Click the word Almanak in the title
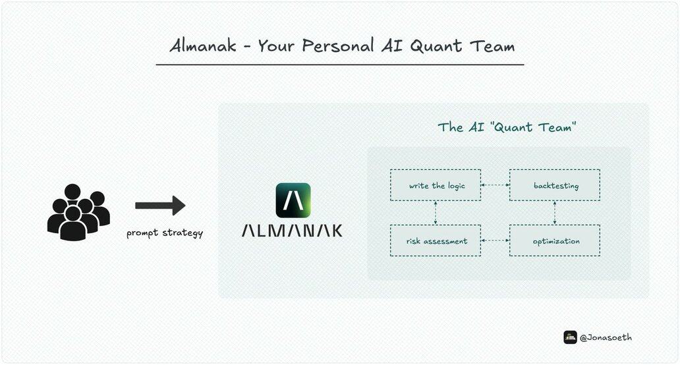[203, 45]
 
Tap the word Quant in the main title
[436, 46]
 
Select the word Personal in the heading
[338, 45]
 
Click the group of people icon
[78, 212]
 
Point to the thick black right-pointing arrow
[160, 205]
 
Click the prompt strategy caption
[165, 233]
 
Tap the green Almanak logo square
[293, 200]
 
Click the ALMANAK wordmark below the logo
[292, 230]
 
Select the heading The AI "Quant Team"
[507, 127]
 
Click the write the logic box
[436, 185]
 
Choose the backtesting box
[555, 185]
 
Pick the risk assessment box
[436, 240]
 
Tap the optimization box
[555, 240]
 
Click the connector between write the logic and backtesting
[496, 185]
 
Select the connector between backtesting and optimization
[555, 212]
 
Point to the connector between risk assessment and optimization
[496, 240]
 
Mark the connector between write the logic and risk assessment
[436, 212]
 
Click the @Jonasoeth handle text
[606, 337]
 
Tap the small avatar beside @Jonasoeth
[570, 337]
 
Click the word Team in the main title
[493, 46]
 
